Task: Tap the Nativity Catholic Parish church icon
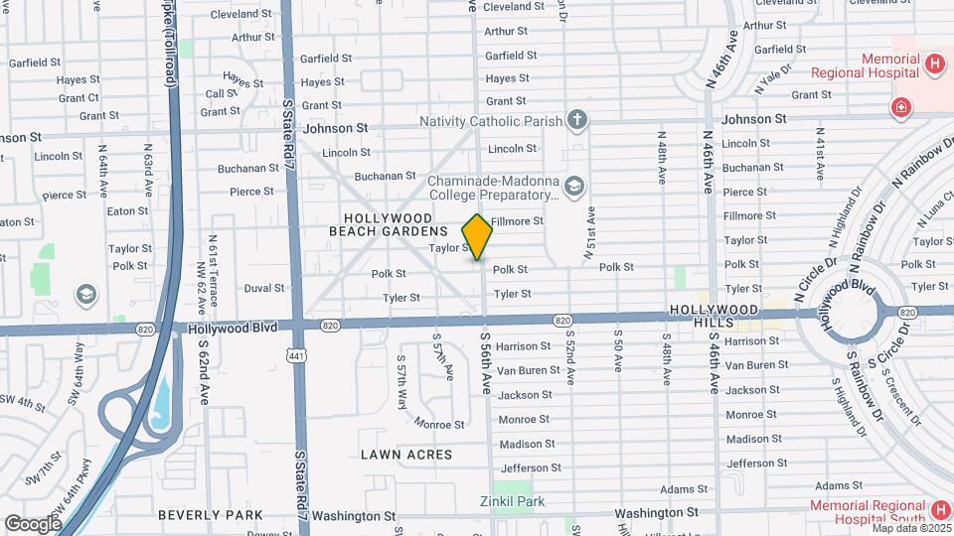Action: (577, 121)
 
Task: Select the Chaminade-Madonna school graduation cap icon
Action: (573, 186)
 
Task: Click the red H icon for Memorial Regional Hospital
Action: (933, 65)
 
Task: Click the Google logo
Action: (32, 523)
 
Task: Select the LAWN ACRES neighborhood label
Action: (406, 455)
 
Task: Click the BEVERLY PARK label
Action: (211, 515)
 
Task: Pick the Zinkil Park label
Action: (512, 501)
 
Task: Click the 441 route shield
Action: (297, 354)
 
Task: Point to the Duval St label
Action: (264, 288)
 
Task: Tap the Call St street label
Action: (221, 93)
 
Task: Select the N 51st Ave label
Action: (589, 232)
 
